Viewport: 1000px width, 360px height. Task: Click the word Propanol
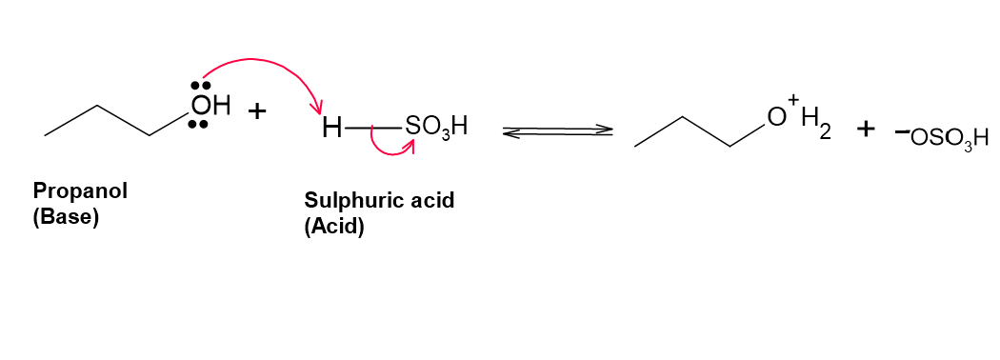click(x=80, y=191)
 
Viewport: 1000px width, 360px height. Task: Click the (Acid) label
click(x=334, y=228)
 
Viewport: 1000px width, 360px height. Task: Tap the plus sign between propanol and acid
click(x=258, y=111)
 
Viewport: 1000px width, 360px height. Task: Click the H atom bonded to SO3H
click(x=332, y=129)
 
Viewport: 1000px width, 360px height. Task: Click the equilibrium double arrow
click(x=558, y=131)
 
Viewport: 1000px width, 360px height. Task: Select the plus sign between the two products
click(x=866, y=130)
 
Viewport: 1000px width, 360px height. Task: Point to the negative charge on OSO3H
click(x=902, y=131)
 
